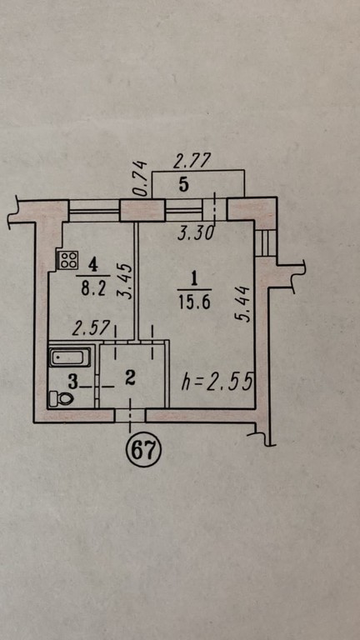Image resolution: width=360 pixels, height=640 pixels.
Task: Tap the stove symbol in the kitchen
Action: click(67, 260)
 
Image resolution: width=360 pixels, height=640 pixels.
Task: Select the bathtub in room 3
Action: click(70, 357)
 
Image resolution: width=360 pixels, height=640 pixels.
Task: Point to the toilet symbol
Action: click(61, 398)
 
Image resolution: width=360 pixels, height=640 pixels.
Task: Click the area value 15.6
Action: click(194, 302)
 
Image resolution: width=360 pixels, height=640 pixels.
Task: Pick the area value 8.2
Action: click(93, 288)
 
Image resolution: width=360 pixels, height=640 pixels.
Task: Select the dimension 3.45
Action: click(127, 281)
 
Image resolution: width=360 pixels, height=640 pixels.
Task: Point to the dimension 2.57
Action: click(91, 327)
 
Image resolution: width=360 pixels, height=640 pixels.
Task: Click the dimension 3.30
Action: click(196, 233)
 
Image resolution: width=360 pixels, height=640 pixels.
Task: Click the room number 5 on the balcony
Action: click(184, 185)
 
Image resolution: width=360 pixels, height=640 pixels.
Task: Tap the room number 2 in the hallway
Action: click(130, 379)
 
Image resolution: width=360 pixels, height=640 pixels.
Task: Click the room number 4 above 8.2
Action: click(93, 266)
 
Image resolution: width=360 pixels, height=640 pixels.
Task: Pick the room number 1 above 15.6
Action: click(194, 280)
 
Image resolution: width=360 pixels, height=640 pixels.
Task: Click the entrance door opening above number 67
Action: click(130, 415)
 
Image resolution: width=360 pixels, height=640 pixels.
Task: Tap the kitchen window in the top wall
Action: click(94, 210)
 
